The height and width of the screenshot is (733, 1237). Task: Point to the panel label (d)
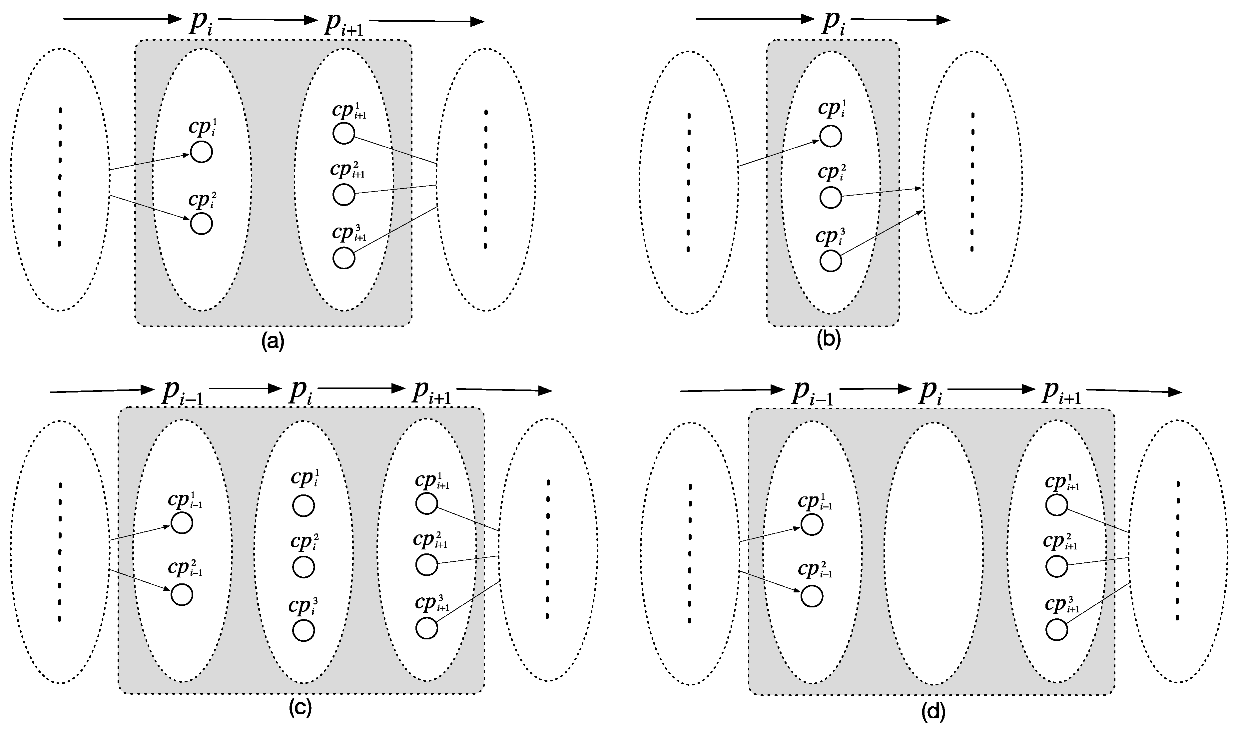pyautogui.click(x=933, y=711)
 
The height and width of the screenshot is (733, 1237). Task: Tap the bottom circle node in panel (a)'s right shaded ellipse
pyautogui.click(x=344, y=258)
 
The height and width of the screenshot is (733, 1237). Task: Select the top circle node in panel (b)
pyautogui.click(x=831, y=137)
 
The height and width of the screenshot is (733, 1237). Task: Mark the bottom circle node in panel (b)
pyautogui.click(x=831, y=261)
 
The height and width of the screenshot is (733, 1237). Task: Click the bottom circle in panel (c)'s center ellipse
pyautogui.click(x=303, y=631)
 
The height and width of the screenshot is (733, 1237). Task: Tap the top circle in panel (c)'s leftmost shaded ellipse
pyautogui.click(x=182, y=523)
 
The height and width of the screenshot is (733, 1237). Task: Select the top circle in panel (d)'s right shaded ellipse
pyautogui.click(x=1057, y=504)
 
